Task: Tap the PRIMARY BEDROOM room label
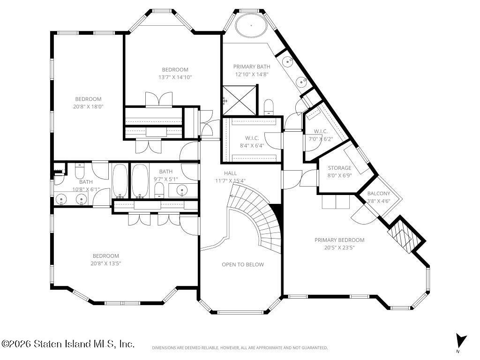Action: pyautogui.click(x=339, y=240)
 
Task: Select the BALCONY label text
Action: pyautogui.click(x=379, y=194)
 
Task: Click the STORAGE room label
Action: pyautogui.click(x=339, y=168)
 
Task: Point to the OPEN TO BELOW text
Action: pyautogui.click(x=243, y=264)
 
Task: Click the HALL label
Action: pyautogui.click(x=230, y=173)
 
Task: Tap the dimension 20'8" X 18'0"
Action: pyautogui.click(x=88, y=106)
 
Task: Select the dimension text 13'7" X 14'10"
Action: pyautogui.click(x=175, y=77)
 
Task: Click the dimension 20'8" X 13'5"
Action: pyautogui.click(x=105, y=263)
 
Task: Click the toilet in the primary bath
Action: pyautogui.click(x=269, y=107)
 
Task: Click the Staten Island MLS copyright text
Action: pyautogui.click(x=67, y=344)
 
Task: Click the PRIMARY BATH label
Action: pyautogui.click(x=252, y=67)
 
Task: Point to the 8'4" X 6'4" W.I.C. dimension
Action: pyautogui.click(x=252, y=146)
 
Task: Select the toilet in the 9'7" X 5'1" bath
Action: pyautogui.click(x=159, y=190)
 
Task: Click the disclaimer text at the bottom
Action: pyautogui.click(x=240, y=348)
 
